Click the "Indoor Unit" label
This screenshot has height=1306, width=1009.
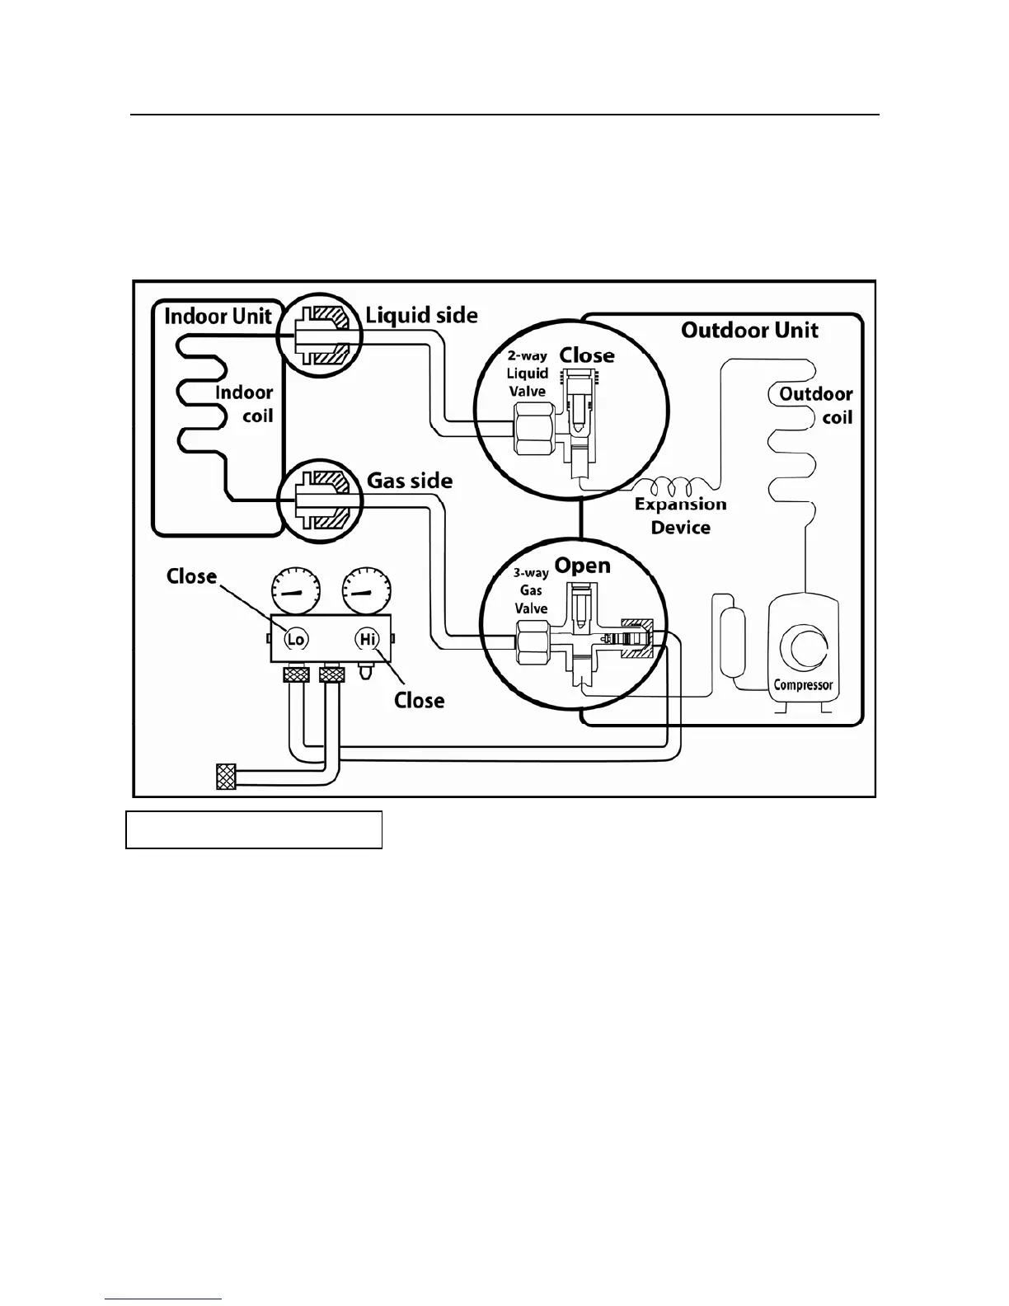[x=218, y=317]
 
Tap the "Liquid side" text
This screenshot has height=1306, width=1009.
[x=421, y=315]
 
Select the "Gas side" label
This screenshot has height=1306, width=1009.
[x=409, y=480]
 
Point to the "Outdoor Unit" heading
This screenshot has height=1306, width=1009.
[x=749, y=331]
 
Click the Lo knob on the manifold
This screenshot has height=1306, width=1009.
[x=295, y=639]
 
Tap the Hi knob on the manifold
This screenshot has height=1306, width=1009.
[x=366, y=639]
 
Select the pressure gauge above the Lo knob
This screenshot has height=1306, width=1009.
[x=295, y=593]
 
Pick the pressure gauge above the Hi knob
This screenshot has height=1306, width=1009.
[x=366, y=593]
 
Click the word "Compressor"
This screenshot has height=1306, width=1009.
[x=802, y=684]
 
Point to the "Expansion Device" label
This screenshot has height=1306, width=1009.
[x=681, y=515]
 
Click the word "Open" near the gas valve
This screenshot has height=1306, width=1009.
[x=582, y=566]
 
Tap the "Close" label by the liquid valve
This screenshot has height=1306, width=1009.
[x=587, y=355]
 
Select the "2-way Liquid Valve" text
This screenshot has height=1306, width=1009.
[x=528, y=373]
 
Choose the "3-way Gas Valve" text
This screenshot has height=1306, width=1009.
[x=531, y=591]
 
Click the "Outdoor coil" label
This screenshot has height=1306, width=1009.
[x=816, y=405]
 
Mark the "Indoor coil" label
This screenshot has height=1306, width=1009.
[x=244, y=403]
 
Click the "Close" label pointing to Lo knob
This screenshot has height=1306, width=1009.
[x=191, y=576]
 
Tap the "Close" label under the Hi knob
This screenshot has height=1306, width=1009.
[x=419, y=700]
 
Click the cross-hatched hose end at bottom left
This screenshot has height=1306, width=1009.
[x=226, y=777]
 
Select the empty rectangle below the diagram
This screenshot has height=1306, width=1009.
[x=254, y=829]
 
